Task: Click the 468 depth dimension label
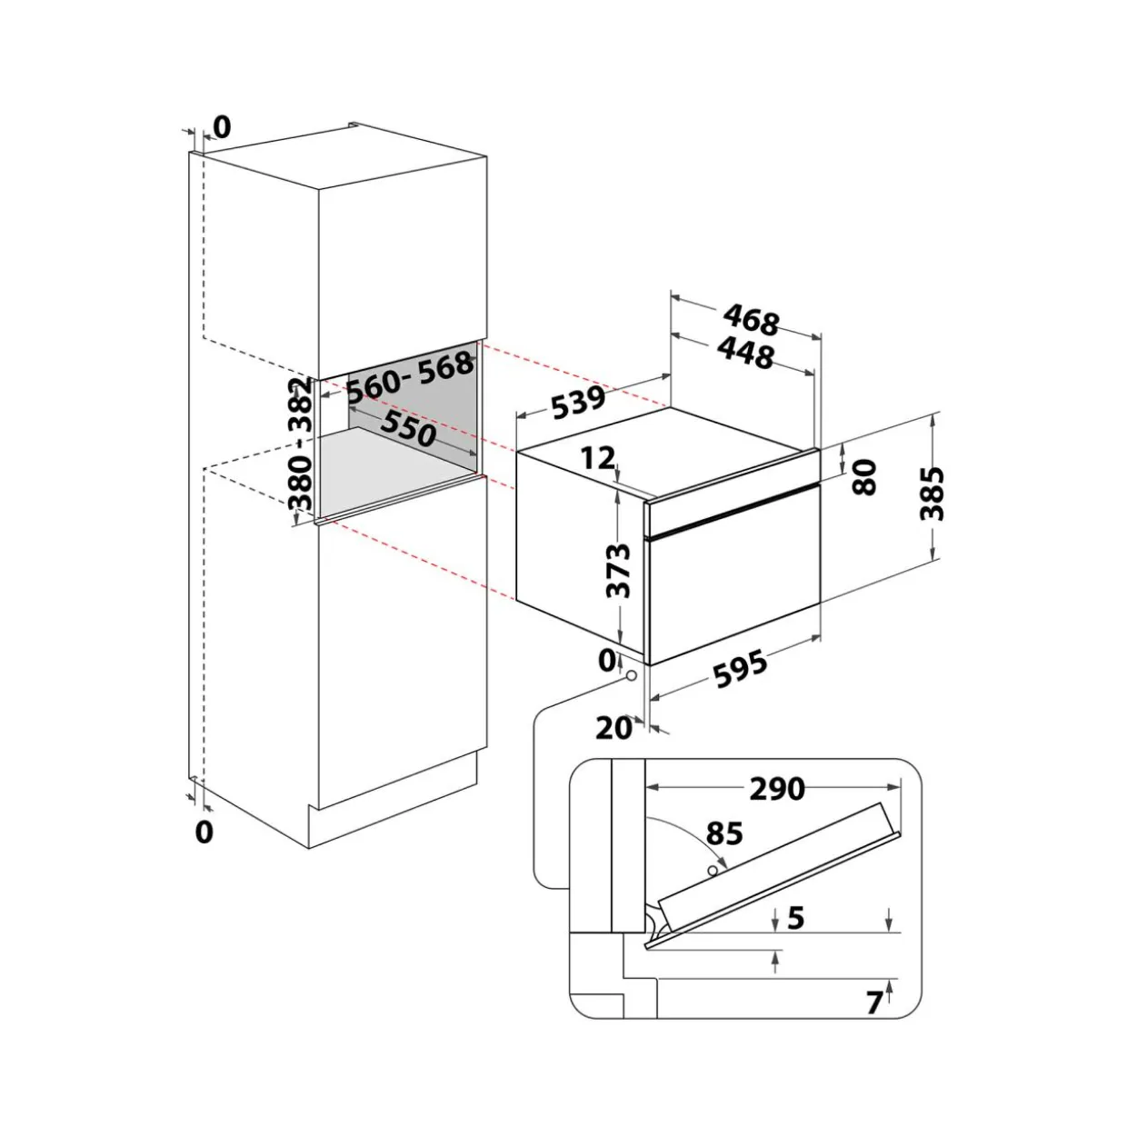click(752, 321)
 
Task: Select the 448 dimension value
click(745, 354)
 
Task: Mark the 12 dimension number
click(598, 458)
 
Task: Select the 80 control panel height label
click(865, 477)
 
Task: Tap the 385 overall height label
click(933, 493)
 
